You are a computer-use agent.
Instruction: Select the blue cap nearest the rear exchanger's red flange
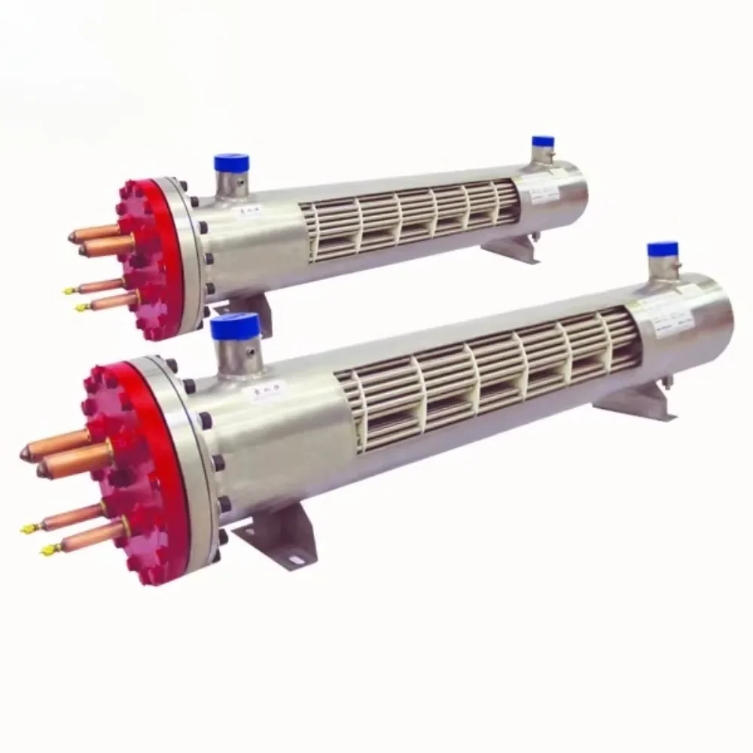[x=231, y=162]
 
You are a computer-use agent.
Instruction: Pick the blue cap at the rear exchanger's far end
[x=542, y=142]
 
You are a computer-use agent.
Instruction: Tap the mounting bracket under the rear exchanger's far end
[x=512, y=248]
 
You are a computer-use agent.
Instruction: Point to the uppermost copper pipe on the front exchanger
[x=56, y=441]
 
